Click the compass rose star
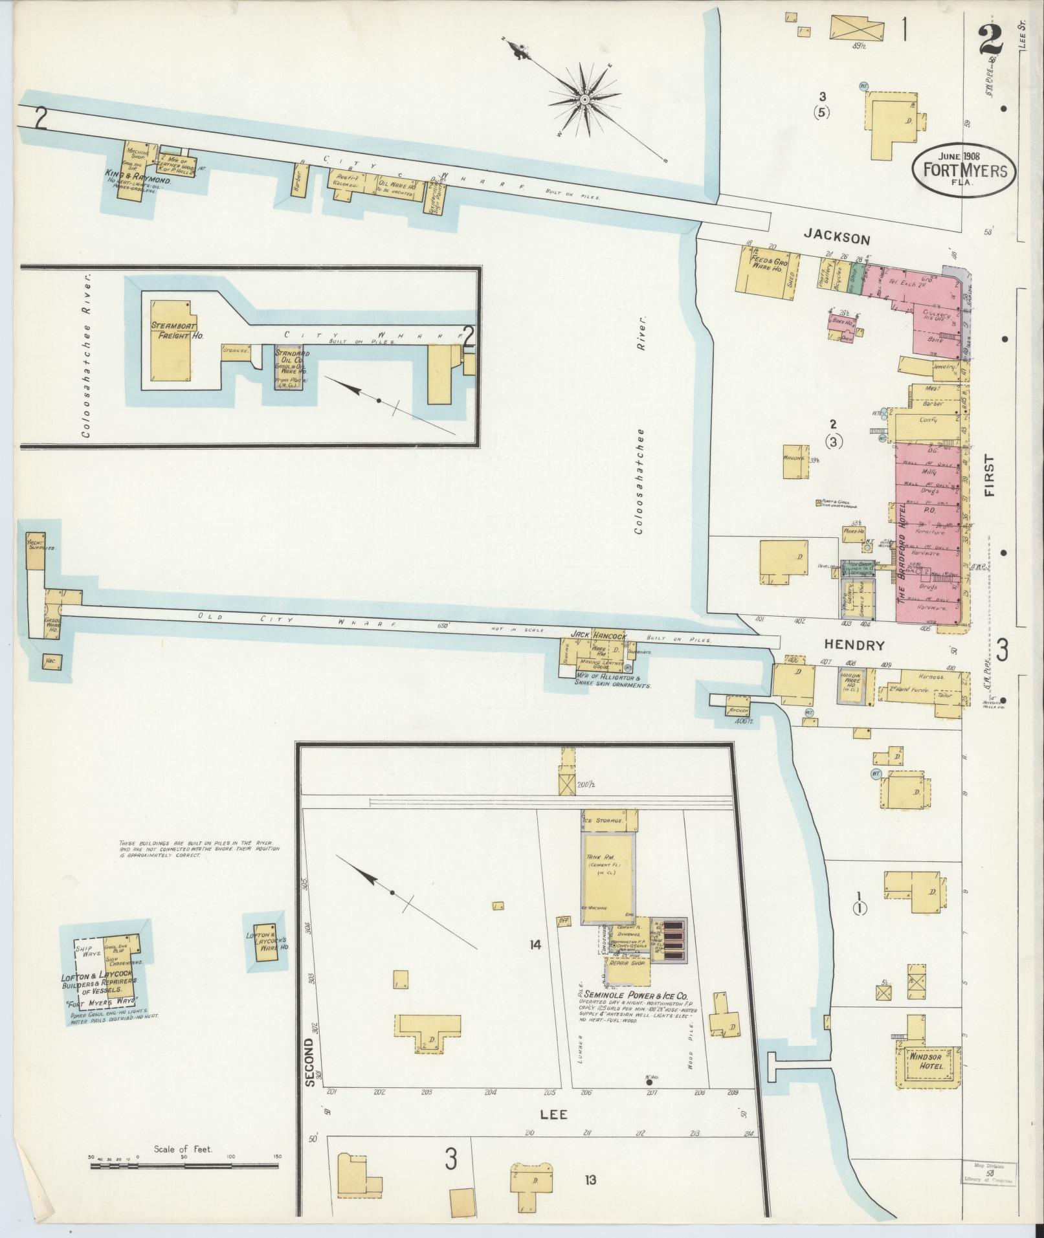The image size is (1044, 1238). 584,99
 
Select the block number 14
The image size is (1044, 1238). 534,945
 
